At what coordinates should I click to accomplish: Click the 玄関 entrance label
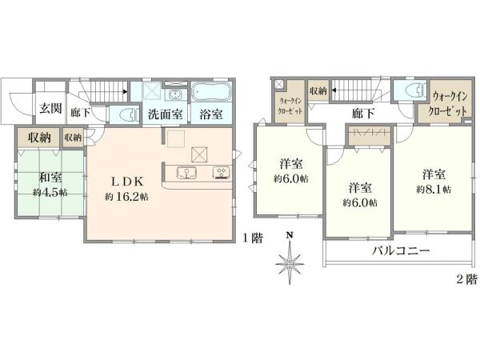point(51,108)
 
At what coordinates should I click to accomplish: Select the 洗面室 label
point(166,114)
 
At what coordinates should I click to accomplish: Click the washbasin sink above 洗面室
point(175,94)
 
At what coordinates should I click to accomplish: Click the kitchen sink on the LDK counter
point(186,173)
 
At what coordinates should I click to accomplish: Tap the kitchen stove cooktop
point(222,173)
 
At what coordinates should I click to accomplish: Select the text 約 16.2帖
point(126,197)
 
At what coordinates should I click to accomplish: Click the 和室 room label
point(50,178)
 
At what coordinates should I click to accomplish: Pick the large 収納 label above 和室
point(39,138)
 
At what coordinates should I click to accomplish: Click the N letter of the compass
point(290,235)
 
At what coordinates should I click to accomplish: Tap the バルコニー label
point(401,251)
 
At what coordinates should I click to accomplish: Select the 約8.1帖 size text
point(434,190)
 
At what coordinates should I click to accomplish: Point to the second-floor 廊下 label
point(362,114)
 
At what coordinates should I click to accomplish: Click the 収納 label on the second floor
point(318,91)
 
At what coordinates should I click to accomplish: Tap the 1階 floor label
point(253,238)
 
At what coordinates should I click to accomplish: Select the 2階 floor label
point(467,279)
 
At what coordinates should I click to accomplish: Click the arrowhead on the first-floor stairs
point(126,91)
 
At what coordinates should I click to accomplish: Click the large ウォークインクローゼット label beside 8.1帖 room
point(450,103)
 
